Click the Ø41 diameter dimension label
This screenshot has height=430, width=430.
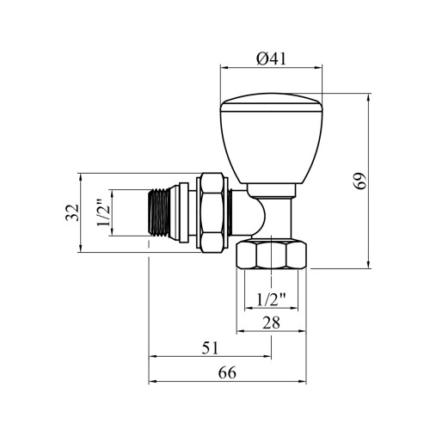point(271,59)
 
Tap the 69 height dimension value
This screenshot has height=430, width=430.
point(359,181)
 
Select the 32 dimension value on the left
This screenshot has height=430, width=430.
point(72,212)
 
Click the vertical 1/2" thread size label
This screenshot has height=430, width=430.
point(103,212)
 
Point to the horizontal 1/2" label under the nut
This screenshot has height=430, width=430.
point(271,300)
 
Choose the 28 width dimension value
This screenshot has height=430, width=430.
point(271,322)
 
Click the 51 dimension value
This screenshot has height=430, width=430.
point(210,348)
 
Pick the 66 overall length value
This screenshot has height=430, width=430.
point(227,373)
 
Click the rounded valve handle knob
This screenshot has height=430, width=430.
point(272,138)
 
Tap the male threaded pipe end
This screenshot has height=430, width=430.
point(160,212)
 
